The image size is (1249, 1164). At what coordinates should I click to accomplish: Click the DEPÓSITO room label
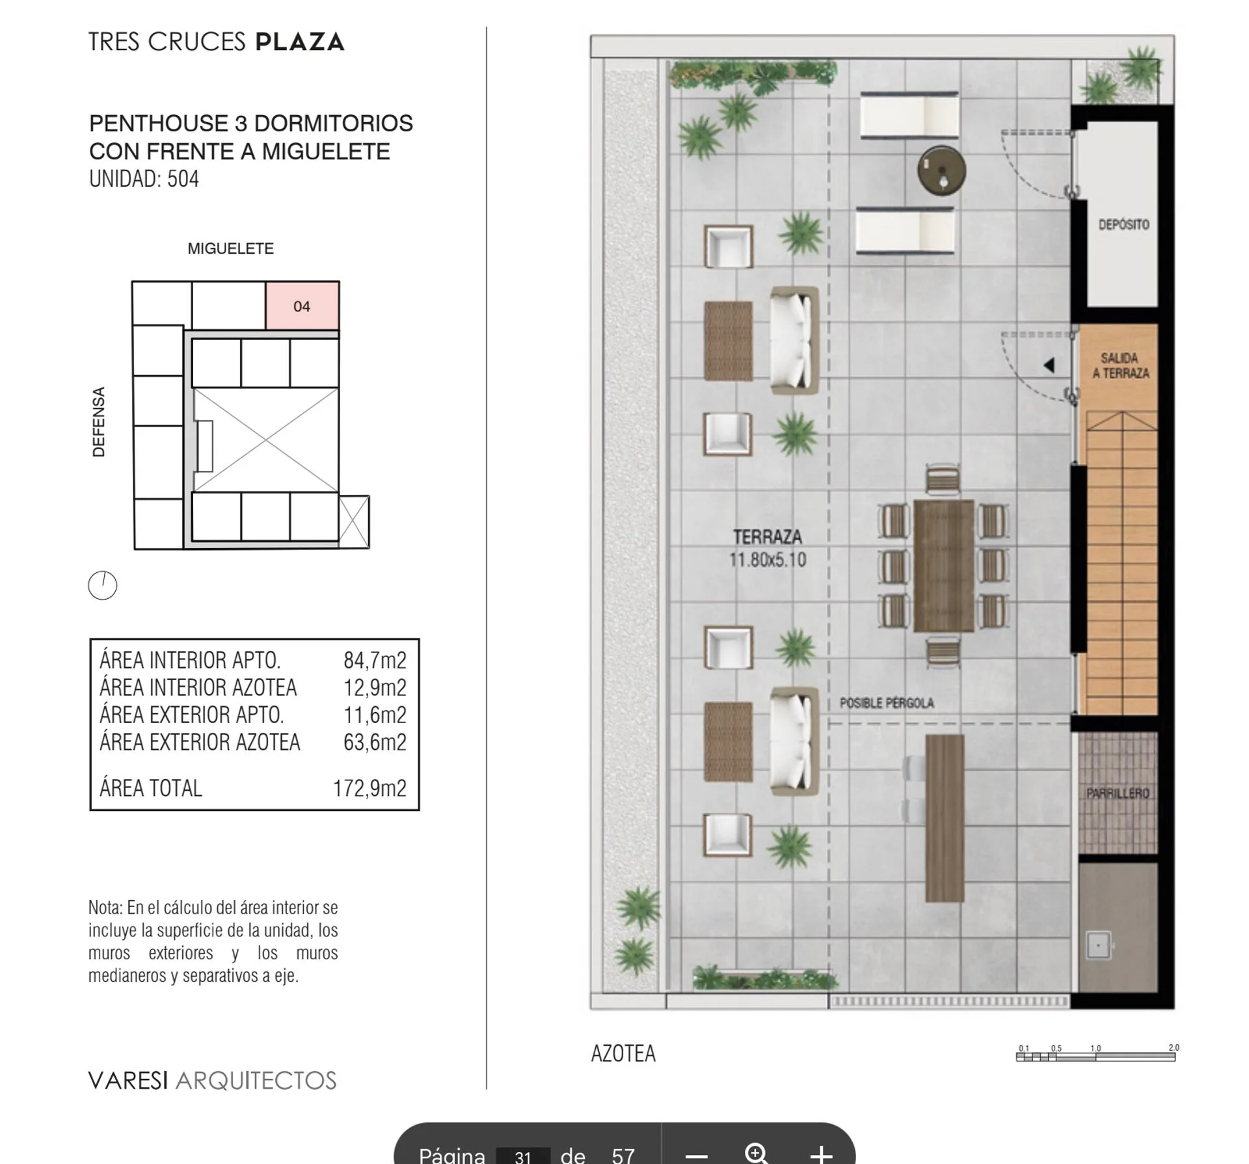1123,224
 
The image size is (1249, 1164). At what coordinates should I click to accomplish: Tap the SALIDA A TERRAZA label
1120,365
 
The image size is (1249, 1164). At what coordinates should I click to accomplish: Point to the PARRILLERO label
1118,793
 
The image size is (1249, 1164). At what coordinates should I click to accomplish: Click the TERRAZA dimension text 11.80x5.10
768,560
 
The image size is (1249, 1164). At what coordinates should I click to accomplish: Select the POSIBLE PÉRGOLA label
887,703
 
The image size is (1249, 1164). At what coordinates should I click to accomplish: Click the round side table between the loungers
941,170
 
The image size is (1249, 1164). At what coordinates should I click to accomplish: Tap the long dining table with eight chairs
943,566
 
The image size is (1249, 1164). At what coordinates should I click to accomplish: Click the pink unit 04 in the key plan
302,306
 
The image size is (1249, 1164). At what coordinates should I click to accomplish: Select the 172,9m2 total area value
369,788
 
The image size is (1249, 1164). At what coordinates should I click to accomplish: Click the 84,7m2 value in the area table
375,660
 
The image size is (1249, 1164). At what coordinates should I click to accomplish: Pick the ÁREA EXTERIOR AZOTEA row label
200,742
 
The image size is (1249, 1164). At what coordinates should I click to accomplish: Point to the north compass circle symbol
102,585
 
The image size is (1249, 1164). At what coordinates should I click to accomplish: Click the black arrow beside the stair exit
1049,365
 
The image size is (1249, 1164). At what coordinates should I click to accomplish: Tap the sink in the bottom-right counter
1099,945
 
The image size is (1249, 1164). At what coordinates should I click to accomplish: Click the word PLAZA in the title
299,42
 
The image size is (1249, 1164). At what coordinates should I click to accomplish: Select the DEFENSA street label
99,422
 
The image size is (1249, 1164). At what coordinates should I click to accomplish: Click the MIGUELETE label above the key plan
230,248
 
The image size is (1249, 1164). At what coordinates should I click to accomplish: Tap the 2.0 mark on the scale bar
1174,1048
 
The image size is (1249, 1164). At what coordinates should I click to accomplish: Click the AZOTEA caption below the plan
623,1053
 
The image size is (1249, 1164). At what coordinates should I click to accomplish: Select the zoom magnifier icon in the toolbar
757,1154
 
